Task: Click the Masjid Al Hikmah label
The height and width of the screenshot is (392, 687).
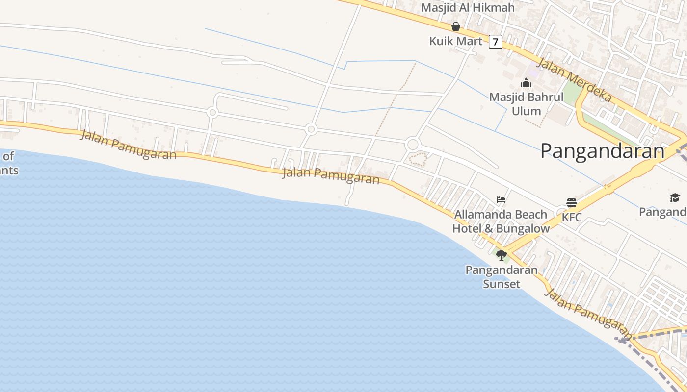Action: pyautogui.click(x=468, y=8)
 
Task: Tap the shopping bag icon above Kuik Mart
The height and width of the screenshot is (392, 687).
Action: pyautogui.click(x=456, y=26)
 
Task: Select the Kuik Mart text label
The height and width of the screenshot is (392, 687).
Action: pyautogui.click(x=456, y=41)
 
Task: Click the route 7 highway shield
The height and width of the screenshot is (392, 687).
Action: pyautogui.click(x=496, y=42)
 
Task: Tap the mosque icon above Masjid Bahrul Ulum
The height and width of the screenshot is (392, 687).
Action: pyautogui.click(x=526, y=83)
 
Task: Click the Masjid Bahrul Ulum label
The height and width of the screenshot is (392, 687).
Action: pyautogui.click(x=526, y=104)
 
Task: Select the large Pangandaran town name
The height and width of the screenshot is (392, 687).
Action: pyautogui.click(x=602, y=151)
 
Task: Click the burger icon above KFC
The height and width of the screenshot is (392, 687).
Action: pyautogui.click(x=572, y=202)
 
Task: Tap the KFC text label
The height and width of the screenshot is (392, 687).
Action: pyautogui.click(x=572, y=217)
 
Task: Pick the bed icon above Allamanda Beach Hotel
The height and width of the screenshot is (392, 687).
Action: pyautogui.click(x=501, y=200)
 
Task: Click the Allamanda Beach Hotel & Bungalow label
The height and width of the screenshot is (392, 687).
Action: pyautogui.click(x=501, y=221)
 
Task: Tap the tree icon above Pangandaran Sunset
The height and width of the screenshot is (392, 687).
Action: pyautogui.click(x=501, y=255)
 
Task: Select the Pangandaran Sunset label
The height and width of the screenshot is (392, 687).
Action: pyautogui.click(x=501, y=277)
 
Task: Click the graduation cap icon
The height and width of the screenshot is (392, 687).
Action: pyautogui.click(x=675, y=197)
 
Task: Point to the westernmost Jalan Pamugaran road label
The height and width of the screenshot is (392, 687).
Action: pyautogui.click(x=128, y=145)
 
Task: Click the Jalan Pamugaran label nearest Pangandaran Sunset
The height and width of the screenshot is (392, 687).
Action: pyautogui.click(x=587, y=310)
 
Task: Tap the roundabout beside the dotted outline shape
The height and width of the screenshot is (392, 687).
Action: pyautogui.click(x=413, y=145)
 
